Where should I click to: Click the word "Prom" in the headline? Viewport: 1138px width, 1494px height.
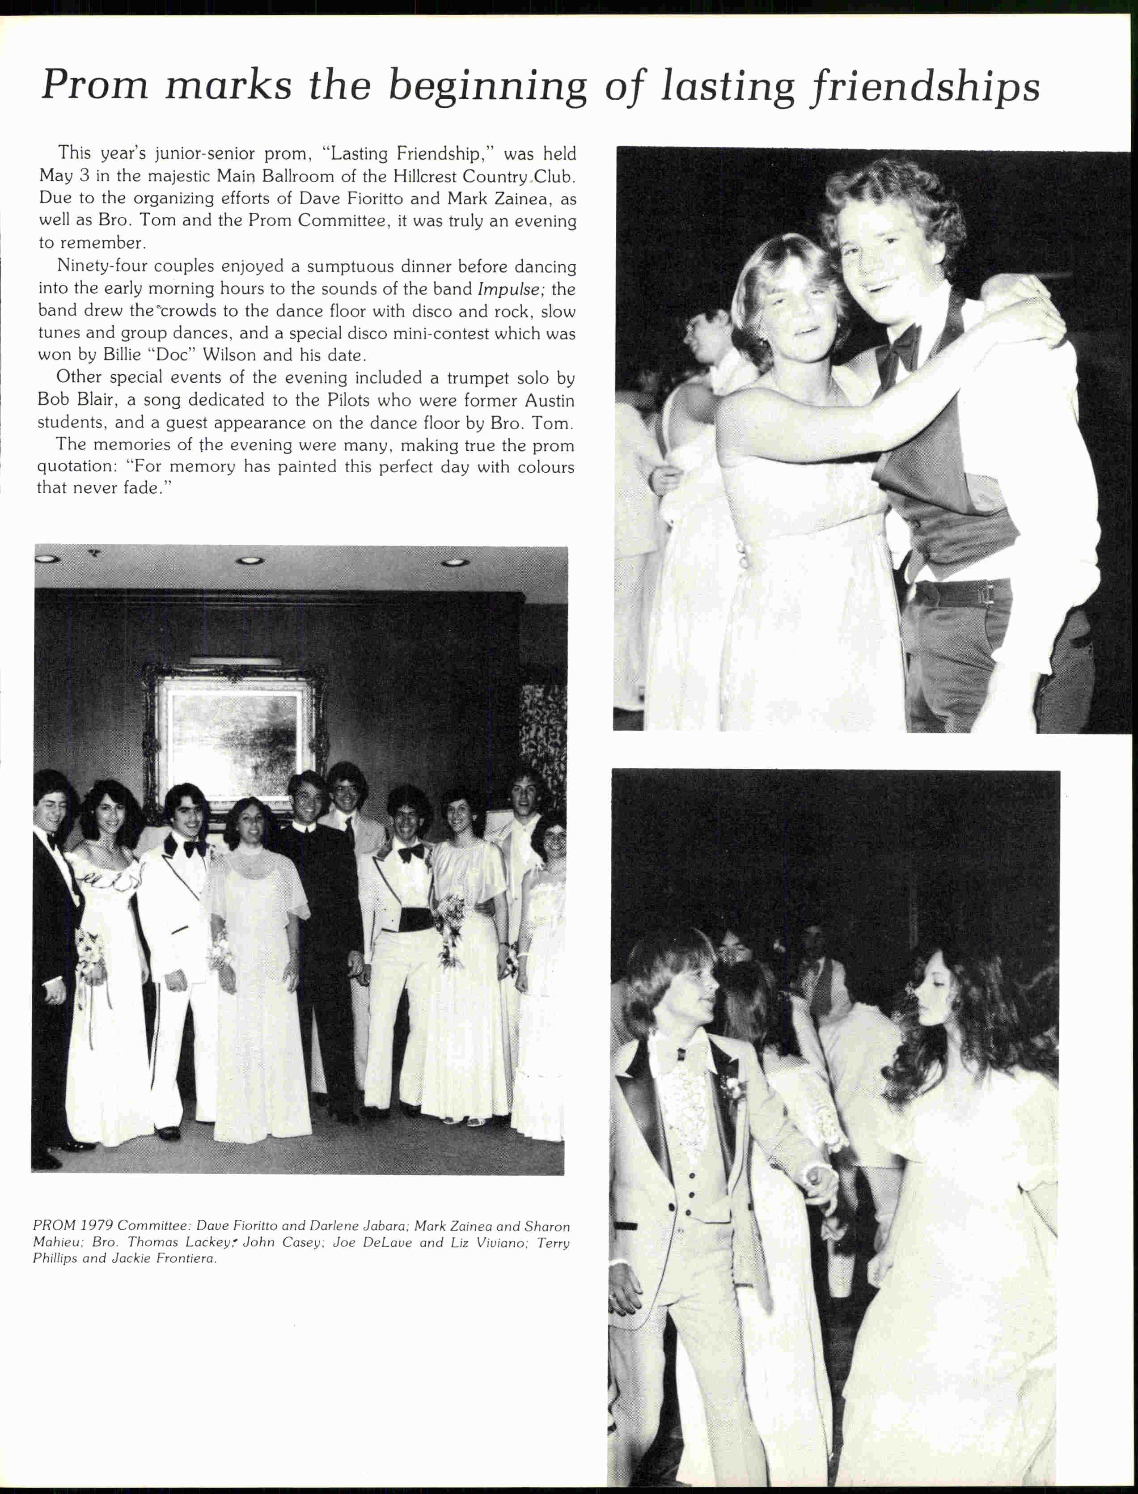94,85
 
